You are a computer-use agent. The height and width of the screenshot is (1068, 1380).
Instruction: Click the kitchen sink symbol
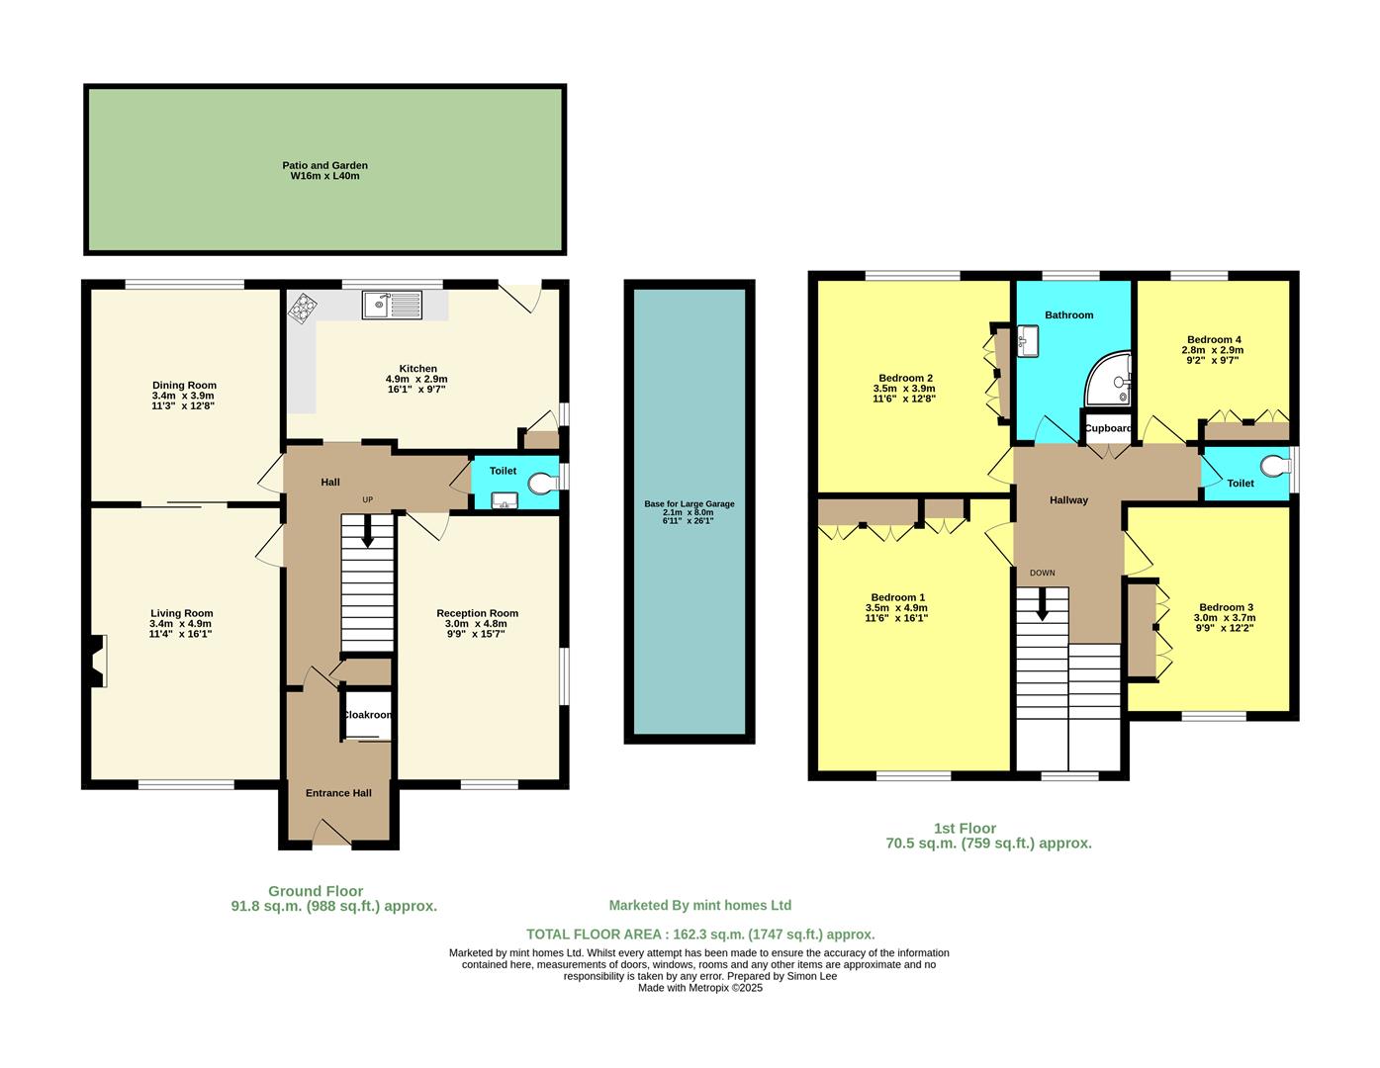392,305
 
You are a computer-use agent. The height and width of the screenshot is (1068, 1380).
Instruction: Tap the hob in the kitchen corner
301,310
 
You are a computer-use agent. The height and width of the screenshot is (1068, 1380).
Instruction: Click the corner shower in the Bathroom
1110,382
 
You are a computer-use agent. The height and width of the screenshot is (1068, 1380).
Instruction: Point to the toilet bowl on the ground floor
541,483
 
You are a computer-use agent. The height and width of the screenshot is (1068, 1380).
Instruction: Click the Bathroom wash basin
1025,342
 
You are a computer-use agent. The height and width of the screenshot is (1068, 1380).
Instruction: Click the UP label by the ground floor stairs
367,499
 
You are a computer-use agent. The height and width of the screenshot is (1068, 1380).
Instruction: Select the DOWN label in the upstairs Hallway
1042,573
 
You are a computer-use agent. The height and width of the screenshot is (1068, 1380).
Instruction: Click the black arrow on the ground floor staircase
367,534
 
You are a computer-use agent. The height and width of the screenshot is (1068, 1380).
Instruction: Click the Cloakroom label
367,715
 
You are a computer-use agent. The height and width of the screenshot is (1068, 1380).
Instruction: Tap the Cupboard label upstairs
1108,428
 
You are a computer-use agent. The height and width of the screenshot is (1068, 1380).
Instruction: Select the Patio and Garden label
323,171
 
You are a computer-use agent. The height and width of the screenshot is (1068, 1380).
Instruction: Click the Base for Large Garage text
689,504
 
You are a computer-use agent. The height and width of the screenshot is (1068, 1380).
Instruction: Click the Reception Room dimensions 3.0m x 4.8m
477,624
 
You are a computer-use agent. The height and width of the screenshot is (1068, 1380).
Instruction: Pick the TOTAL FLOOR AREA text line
699,934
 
